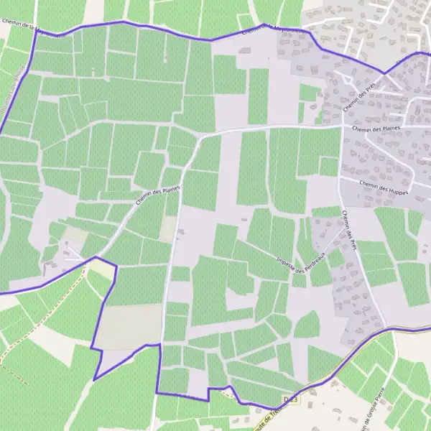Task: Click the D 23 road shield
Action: pyautogui.click(x=290, y=399)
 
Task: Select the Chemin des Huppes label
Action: pyautogui.click(x=383, y=188)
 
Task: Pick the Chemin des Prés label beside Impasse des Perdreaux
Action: pyautogui.click(x=350, y=231)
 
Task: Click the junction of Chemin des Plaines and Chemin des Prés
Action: pyautogui.click(x=340, y=128)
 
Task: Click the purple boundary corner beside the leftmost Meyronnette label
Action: pyautogui.click(x=36, y=30)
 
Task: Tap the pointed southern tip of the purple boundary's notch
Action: pyautogui.click(x=94, y=380)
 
